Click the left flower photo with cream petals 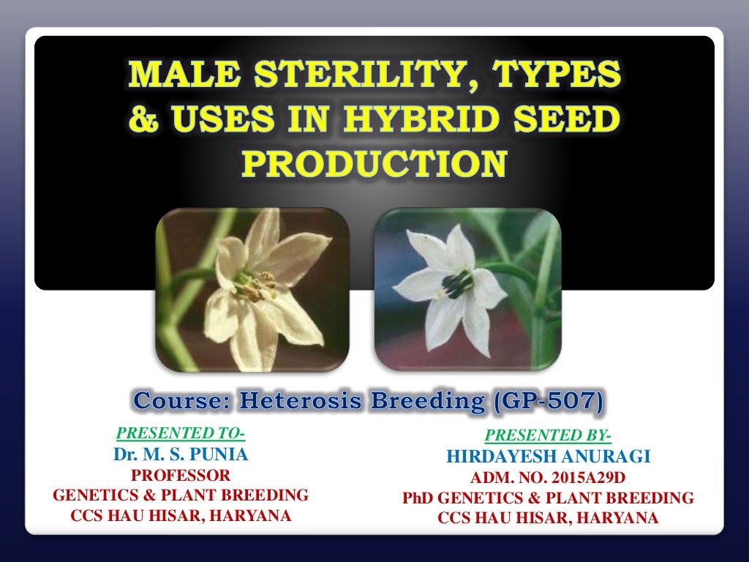[252, 288]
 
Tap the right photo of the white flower [467, 288]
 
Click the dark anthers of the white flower [457, 285]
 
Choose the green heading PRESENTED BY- [548, 437]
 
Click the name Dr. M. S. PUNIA [181, 455]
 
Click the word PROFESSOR [181, 476]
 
